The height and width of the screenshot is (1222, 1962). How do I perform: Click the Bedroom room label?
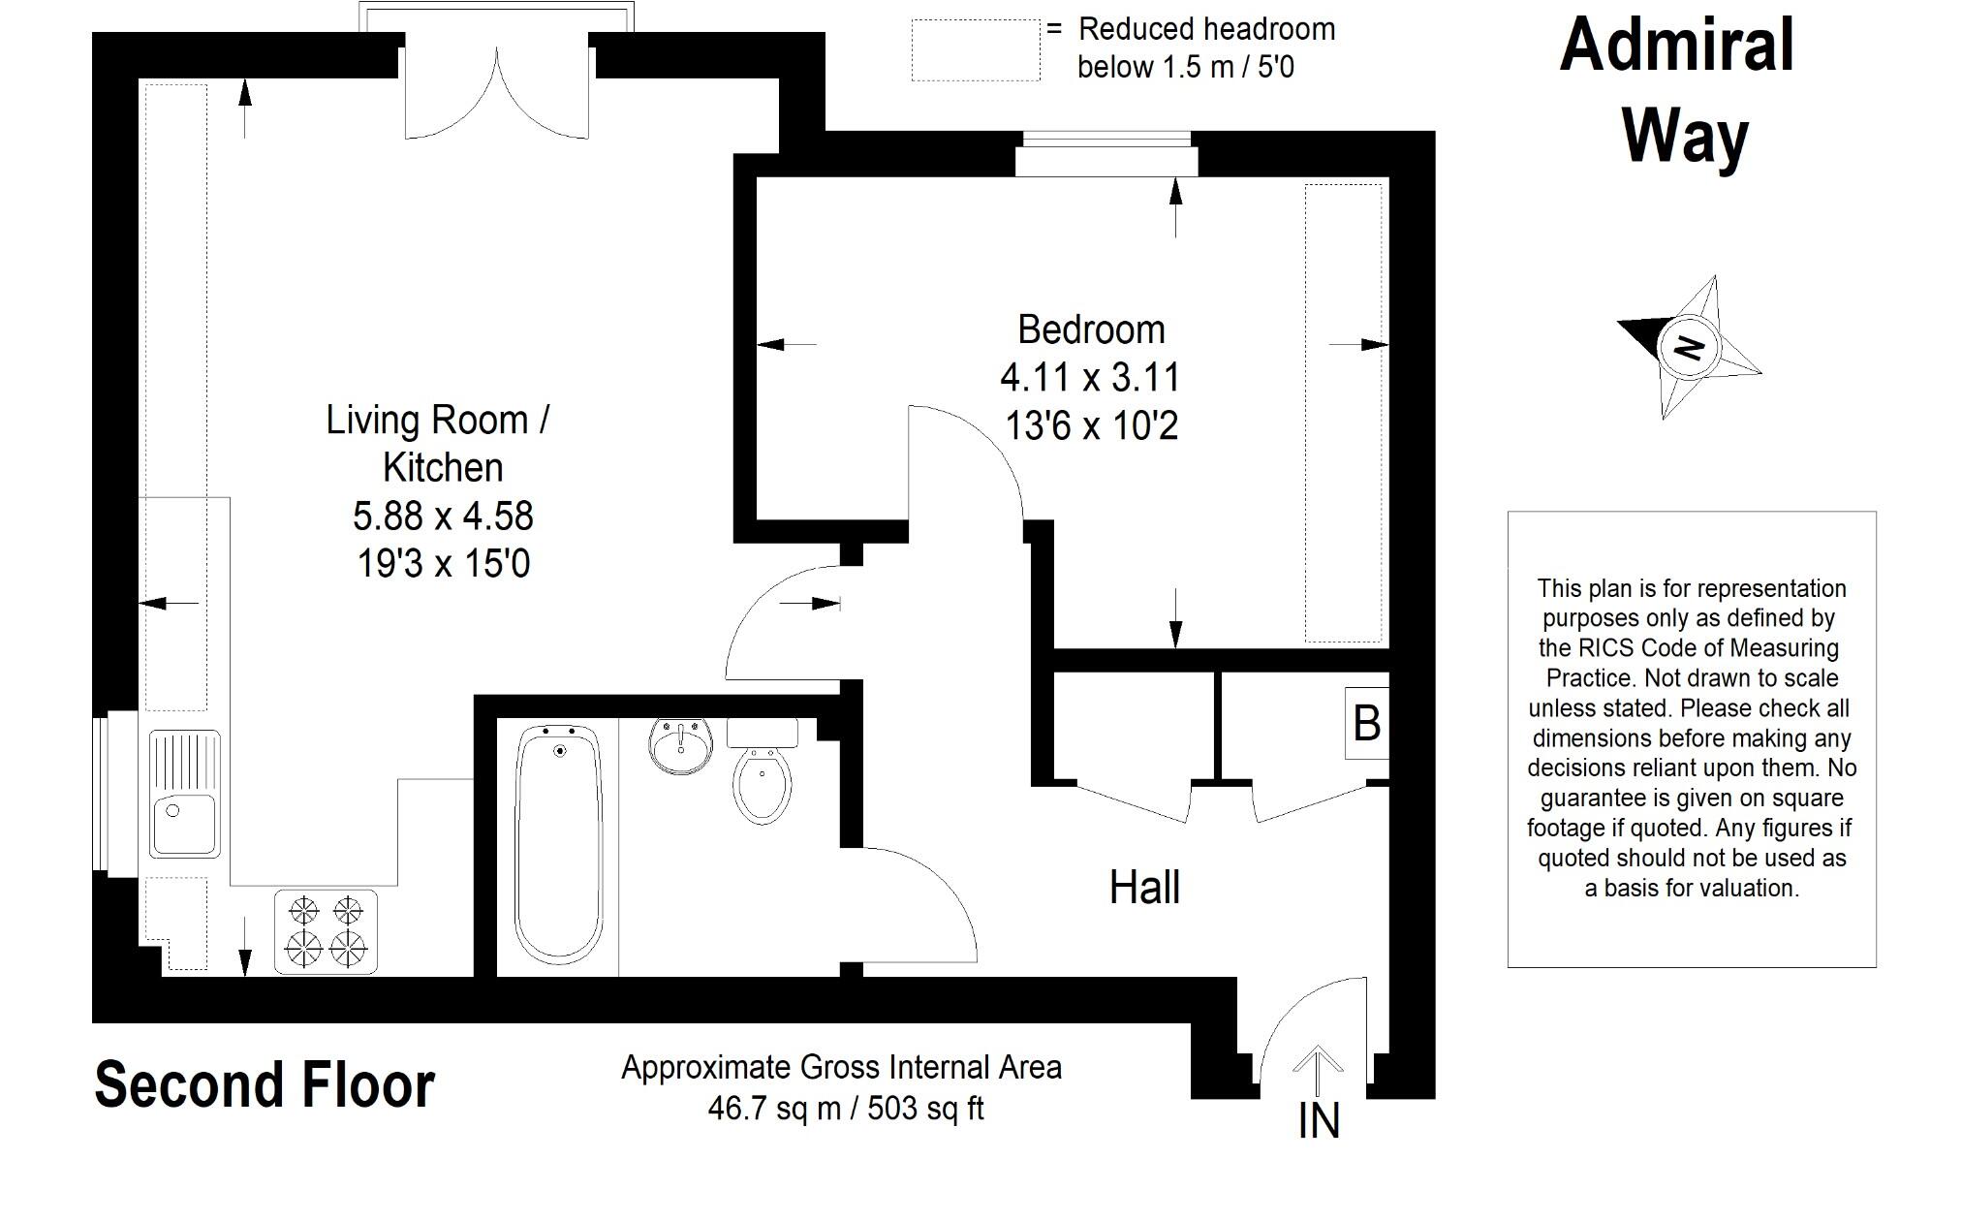pos(1091,330)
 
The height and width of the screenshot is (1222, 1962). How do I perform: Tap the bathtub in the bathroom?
pos(558,844)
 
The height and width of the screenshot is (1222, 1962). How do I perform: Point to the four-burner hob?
pos(327,931)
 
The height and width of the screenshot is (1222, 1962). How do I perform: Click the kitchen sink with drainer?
pos(184,795)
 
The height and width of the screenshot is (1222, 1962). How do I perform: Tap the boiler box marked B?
pos(1366,723)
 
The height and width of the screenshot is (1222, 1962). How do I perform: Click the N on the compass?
pos(1689,347)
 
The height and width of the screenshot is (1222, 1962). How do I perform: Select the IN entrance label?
pos(1319,1121)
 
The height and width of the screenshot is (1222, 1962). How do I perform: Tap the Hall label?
pos(1144,888)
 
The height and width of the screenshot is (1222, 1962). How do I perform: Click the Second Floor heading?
pos(265,1085)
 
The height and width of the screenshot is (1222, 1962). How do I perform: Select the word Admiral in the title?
pos(1677,47)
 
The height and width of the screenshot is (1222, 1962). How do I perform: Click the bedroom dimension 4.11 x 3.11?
pos(1091,378)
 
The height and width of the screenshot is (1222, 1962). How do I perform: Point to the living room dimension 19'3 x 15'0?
pos(444,563)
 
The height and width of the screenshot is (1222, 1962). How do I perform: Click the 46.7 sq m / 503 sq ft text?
pos(845,1108)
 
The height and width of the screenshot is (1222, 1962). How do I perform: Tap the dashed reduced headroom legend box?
pos(976,50)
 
